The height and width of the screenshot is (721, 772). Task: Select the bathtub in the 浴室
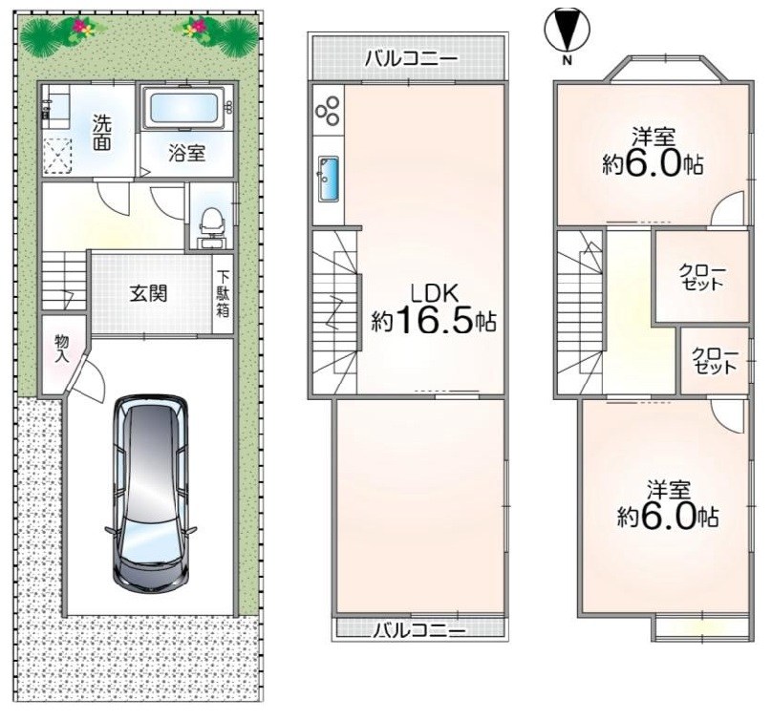(183, 108)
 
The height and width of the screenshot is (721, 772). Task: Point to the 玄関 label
(149, 292)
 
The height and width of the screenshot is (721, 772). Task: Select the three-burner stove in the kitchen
(327, 110)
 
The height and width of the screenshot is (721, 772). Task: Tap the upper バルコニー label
(412, 58)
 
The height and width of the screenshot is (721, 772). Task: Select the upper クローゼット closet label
(702, 277)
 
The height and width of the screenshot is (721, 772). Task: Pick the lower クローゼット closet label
(716, 360)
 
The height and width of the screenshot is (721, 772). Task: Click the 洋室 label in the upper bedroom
(653, 134)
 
